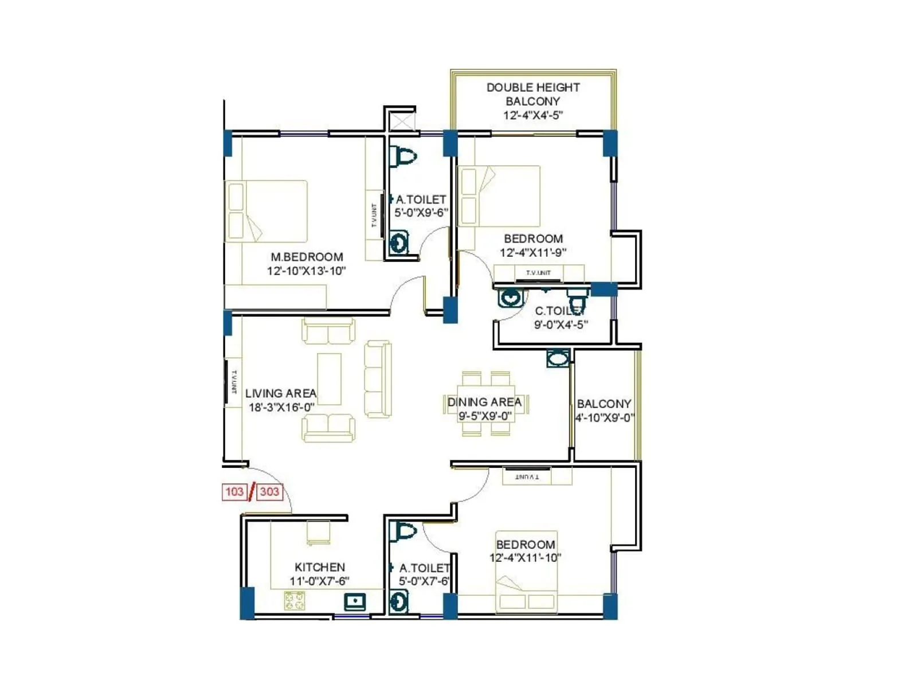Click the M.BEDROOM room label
(307, 257)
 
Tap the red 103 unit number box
(234, 492)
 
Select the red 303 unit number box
(269, 492)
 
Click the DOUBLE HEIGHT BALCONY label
(533, 95)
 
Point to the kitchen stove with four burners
(295, 601)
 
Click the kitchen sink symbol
(355, 601)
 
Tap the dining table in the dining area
(485, 403)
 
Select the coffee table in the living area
(329, 379)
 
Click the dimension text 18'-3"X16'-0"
(281, 408)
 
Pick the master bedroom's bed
(266, 211)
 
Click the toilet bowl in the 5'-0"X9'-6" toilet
(404, 156)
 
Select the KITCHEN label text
(320, 567)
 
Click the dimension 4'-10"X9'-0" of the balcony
(605, 418)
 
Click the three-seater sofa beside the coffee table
(378, 379)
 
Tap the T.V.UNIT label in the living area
(234, 382)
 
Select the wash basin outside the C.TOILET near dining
(558, 359)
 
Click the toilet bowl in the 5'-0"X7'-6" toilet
(404, 531)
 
